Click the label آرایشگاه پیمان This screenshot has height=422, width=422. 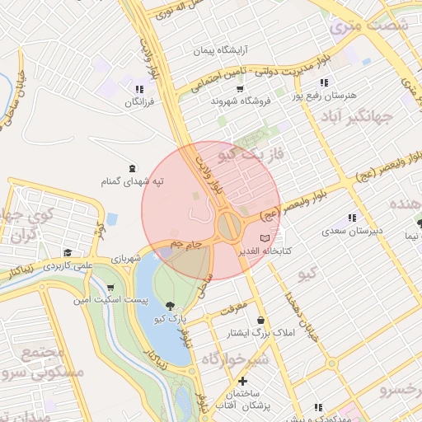point(215,49)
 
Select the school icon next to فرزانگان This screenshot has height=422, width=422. point(138,89)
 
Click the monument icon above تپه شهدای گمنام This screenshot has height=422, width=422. point(134,167)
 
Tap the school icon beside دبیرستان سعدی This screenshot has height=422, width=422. point(353,218)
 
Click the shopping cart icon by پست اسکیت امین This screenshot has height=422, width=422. point(110,288)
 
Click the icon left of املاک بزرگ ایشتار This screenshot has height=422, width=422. point(261,320)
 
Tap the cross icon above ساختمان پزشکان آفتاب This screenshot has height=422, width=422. point(242,382)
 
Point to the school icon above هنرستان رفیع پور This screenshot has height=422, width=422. point(324,82)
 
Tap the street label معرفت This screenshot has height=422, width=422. point(233,312)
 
